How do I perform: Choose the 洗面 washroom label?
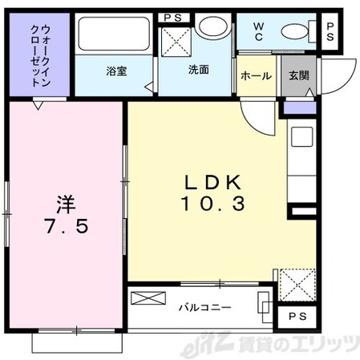[199, 70]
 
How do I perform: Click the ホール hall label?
[255, 76]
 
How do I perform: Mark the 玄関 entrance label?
[298, 76]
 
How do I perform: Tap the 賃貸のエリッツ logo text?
[301, 346]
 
